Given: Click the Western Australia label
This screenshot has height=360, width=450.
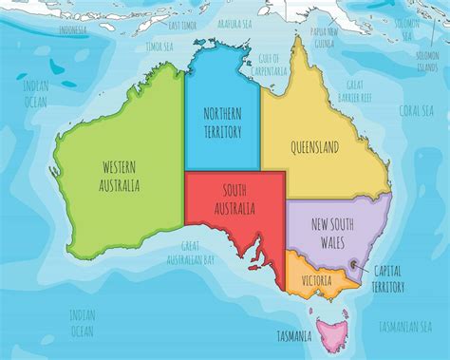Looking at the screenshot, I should [121, 175].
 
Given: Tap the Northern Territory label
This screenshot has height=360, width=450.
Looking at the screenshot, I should [223, 123].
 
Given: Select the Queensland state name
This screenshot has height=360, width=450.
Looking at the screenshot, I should [318, 148].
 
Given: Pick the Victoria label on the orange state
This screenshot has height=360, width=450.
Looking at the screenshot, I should [316, 281].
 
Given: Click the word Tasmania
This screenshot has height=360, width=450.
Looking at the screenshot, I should [295, 337].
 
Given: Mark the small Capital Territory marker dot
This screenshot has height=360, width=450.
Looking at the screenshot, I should [353, 265].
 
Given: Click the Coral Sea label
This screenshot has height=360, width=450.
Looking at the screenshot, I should [416, 109].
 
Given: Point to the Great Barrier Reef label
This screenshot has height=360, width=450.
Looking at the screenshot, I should [358, 91].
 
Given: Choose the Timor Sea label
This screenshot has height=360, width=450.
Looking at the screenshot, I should [159, 45].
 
